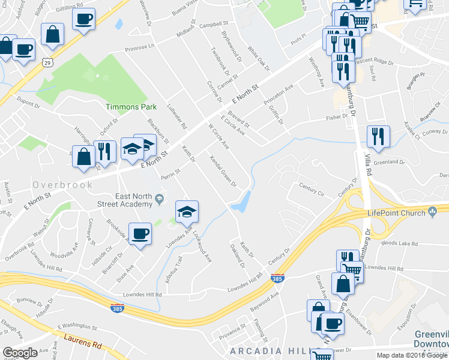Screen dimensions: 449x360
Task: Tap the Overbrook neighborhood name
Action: click(63, 185)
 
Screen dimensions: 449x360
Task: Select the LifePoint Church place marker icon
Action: click(433, 212)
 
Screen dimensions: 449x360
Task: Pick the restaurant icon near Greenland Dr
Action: click(378, 136)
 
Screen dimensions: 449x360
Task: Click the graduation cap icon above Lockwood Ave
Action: click(187, 211)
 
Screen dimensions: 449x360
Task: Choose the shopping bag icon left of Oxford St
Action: click(83, 157)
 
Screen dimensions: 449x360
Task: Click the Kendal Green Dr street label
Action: click(223, 171)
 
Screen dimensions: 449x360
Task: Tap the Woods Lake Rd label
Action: click(399, 243)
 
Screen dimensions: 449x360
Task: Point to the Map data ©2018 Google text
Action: click(411, 355)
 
